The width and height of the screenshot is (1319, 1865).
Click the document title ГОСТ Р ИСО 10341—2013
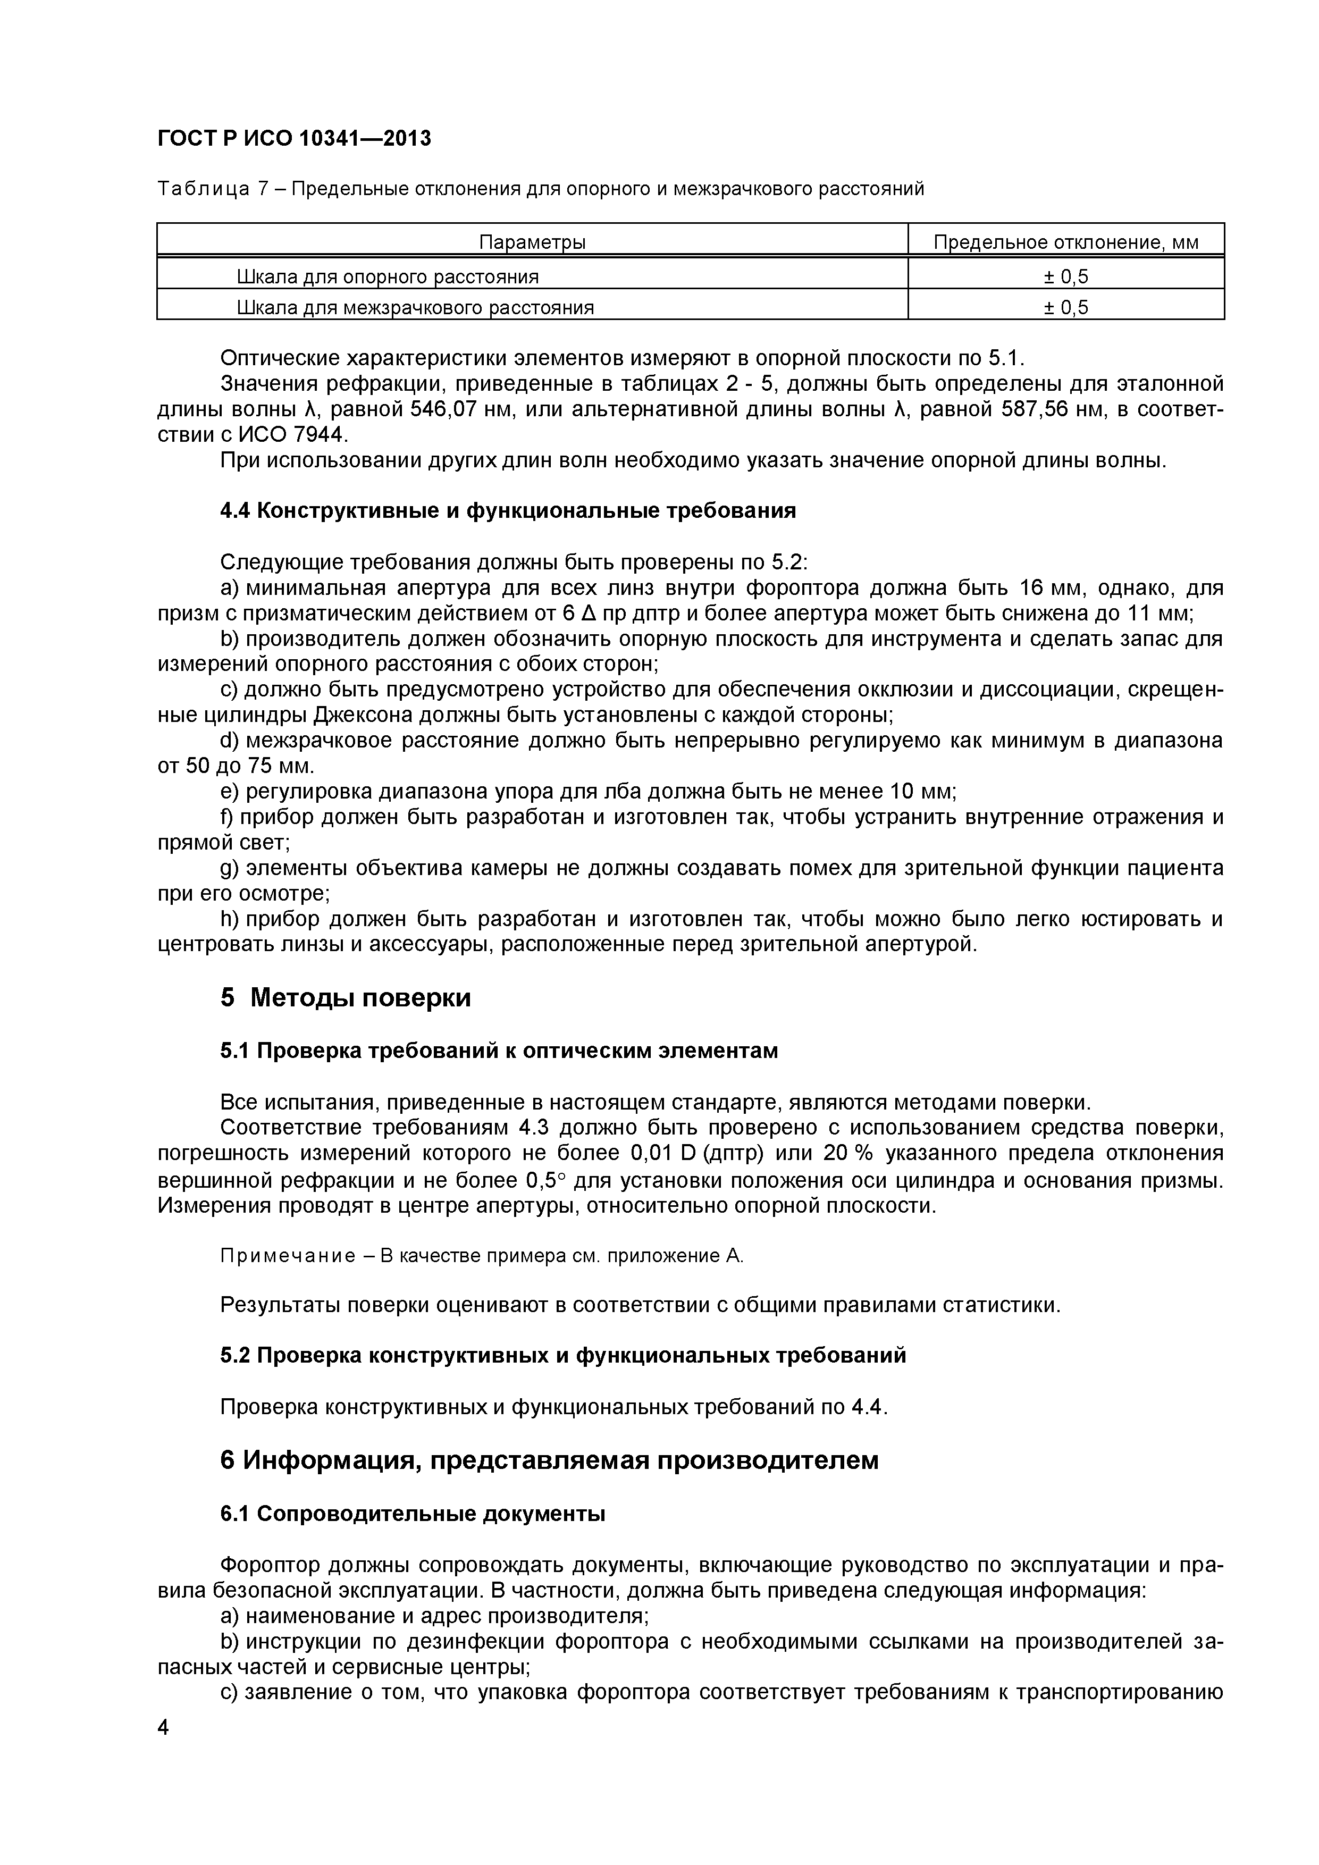pyautogui.click(x=294, y=139)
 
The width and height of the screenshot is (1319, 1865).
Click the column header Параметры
pyautogui.click(x=532, y=242)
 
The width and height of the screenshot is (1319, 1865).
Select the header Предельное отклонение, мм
pyautogui.click(x=1065, y=242)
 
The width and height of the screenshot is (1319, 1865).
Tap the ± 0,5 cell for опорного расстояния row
pyautogui.click(x=1065, y=277)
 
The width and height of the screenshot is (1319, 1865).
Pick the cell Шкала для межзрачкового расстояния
pyautogui.click(x=415, y=308)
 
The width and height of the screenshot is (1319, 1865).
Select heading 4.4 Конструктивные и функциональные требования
pyautogui.click(x=508, y=511)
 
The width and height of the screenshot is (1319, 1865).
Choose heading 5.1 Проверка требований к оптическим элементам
pyautogui.click(x=499, y=1051)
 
